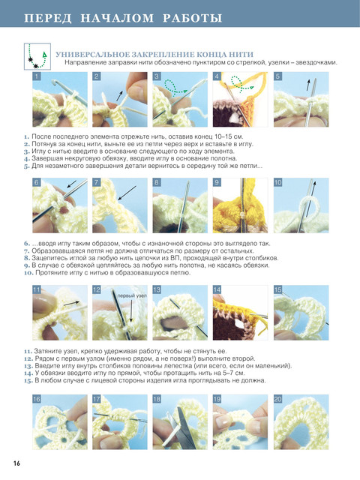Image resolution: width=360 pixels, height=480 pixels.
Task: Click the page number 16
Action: coord(16,463)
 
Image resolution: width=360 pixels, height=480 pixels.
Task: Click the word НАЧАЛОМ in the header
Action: coord(117,18)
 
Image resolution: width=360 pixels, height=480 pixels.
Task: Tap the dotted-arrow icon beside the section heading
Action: coord(37,56)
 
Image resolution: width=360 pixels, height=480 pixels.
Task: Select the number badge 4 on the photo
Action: coord(217,76)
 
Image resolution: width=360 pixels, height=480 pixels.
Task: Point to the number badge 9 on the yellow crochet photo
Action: coord(217,182)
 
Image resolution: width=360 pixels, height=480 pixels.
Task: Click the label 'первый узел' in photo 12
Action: coord(132,296)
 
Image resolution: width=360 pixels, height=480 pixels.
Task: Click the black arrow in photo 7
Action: coord(127,193)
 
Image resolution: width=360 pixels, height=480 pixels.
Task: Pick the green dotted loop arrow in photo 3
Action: coord(175,87)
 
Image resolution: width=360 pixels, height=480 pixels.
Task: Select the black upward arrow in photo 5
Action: coord(308,85)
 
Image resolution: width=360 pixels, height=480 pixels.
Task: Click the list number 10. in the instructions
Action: coord(29,272)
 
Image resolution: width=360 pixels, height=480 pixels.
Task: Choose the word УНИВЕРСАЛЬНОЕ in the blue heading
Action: coord(92,55)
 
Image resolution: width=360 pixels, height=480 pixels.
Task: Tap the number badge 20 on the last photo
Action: coord(278,399)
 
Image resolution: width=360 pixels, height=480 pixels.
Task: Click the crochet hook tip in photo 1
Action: coord(54,82)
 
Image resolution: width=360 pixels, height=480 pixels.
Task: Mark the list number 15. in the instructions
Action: coord(28,380)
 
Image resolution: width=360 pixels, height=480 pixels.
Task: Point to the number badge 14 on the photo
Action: coord(217,289)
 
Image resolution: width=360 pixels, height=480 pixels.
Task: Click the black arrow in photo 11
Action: coord(71,303)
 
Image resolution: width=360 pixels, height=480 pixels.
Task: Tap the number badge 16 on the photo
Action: coord(37,399)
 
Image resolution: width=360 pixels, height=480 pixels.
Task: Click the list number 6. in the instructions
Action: coord(27,244)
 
